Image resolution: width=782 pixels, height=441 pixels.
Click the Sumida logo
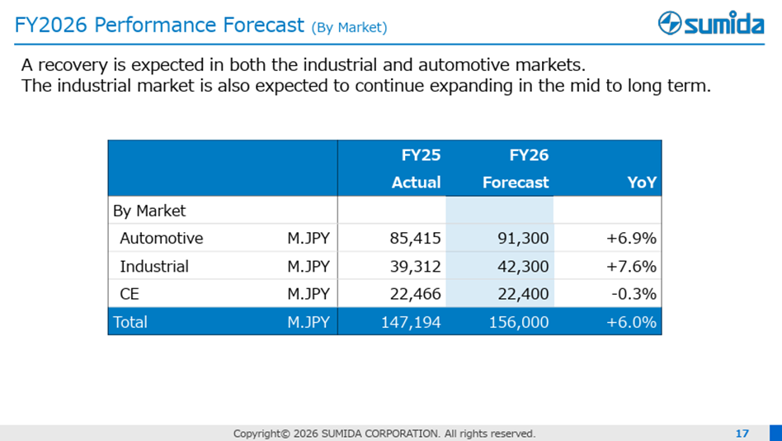point(711,23)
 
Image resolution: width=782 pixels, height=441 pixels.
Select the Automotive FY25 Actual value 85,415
point(416,238)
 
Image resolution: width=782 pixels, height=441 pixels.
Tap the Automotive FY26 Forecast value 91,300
point(523,238)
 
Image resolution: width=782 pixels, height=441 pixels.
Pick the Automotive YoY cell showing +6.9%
point(631,238)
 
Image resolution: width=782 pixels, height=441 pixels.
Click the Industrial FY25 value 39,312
point(416,266)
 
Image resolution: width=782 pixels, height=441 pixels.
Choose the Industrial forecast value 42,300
point(523,266)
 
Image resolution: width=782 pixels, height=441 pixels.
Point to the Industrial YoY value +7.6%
point(631,266)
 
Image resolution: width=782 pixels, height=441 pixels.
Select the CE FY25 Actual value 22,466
point(416,294)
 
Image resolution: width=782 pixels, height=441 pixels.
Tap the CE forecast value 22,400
point(523,294)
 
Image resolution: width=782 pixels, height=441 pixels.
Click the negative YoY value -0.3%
point(634,294)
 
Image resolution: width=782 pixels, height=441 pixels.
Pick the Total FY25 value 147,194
point(411,322)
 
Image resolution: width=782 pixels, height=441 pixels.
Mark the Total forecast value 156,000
point(519,322)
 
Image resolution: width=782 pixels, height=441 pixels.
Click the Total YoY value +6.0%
point(631,322)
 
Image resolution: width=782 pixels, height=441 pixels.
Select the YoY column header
point(642,183)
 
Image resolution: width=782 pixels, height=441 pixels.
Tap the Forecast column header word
point(516,183)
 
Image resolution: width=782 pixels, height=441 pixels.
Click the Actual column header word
point(417,183)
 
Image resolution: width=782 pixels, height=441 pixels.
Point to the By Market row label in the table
point(149,211)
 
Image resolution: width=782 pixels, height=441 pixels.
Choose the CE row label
point(130,294)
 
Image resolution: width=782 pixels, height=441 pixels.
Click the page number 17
point(742,433)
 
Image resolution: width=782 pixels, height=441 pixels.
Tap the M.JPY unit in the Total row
point(309,322)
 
